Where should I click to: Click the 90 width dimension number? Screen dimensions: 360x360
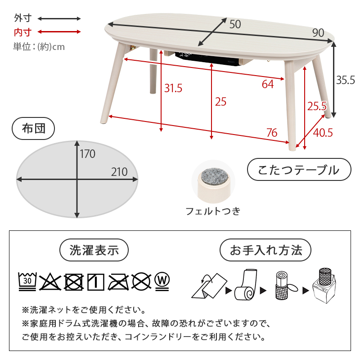[x=318, y=32]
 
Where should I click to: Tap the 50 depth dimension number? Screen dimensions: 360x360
[x=235, y=24]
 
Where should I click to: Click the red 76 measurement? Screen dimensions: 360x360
[x=271, y=133]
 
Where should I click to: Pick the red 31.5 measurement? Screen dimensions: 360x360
[x=173, y=88]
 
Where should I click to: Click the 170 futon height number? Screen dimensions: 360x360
[x=88, y=154]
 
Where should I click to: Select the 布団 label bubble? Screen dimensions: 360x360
[x=34, y=129]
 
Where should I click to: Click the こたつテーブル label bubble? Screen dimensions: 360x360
[x=299, y=170]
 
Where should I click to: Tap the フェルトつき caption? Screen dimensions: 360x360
[x=213, y=211]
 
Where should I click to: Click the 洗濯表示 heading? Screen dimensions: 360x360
[x=94, y=250]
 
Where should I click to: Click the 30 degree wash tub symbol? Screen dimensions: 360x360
[x=27, y=281]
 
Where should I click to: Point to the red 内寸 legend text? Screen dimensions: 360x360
[x=23, y=32]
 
